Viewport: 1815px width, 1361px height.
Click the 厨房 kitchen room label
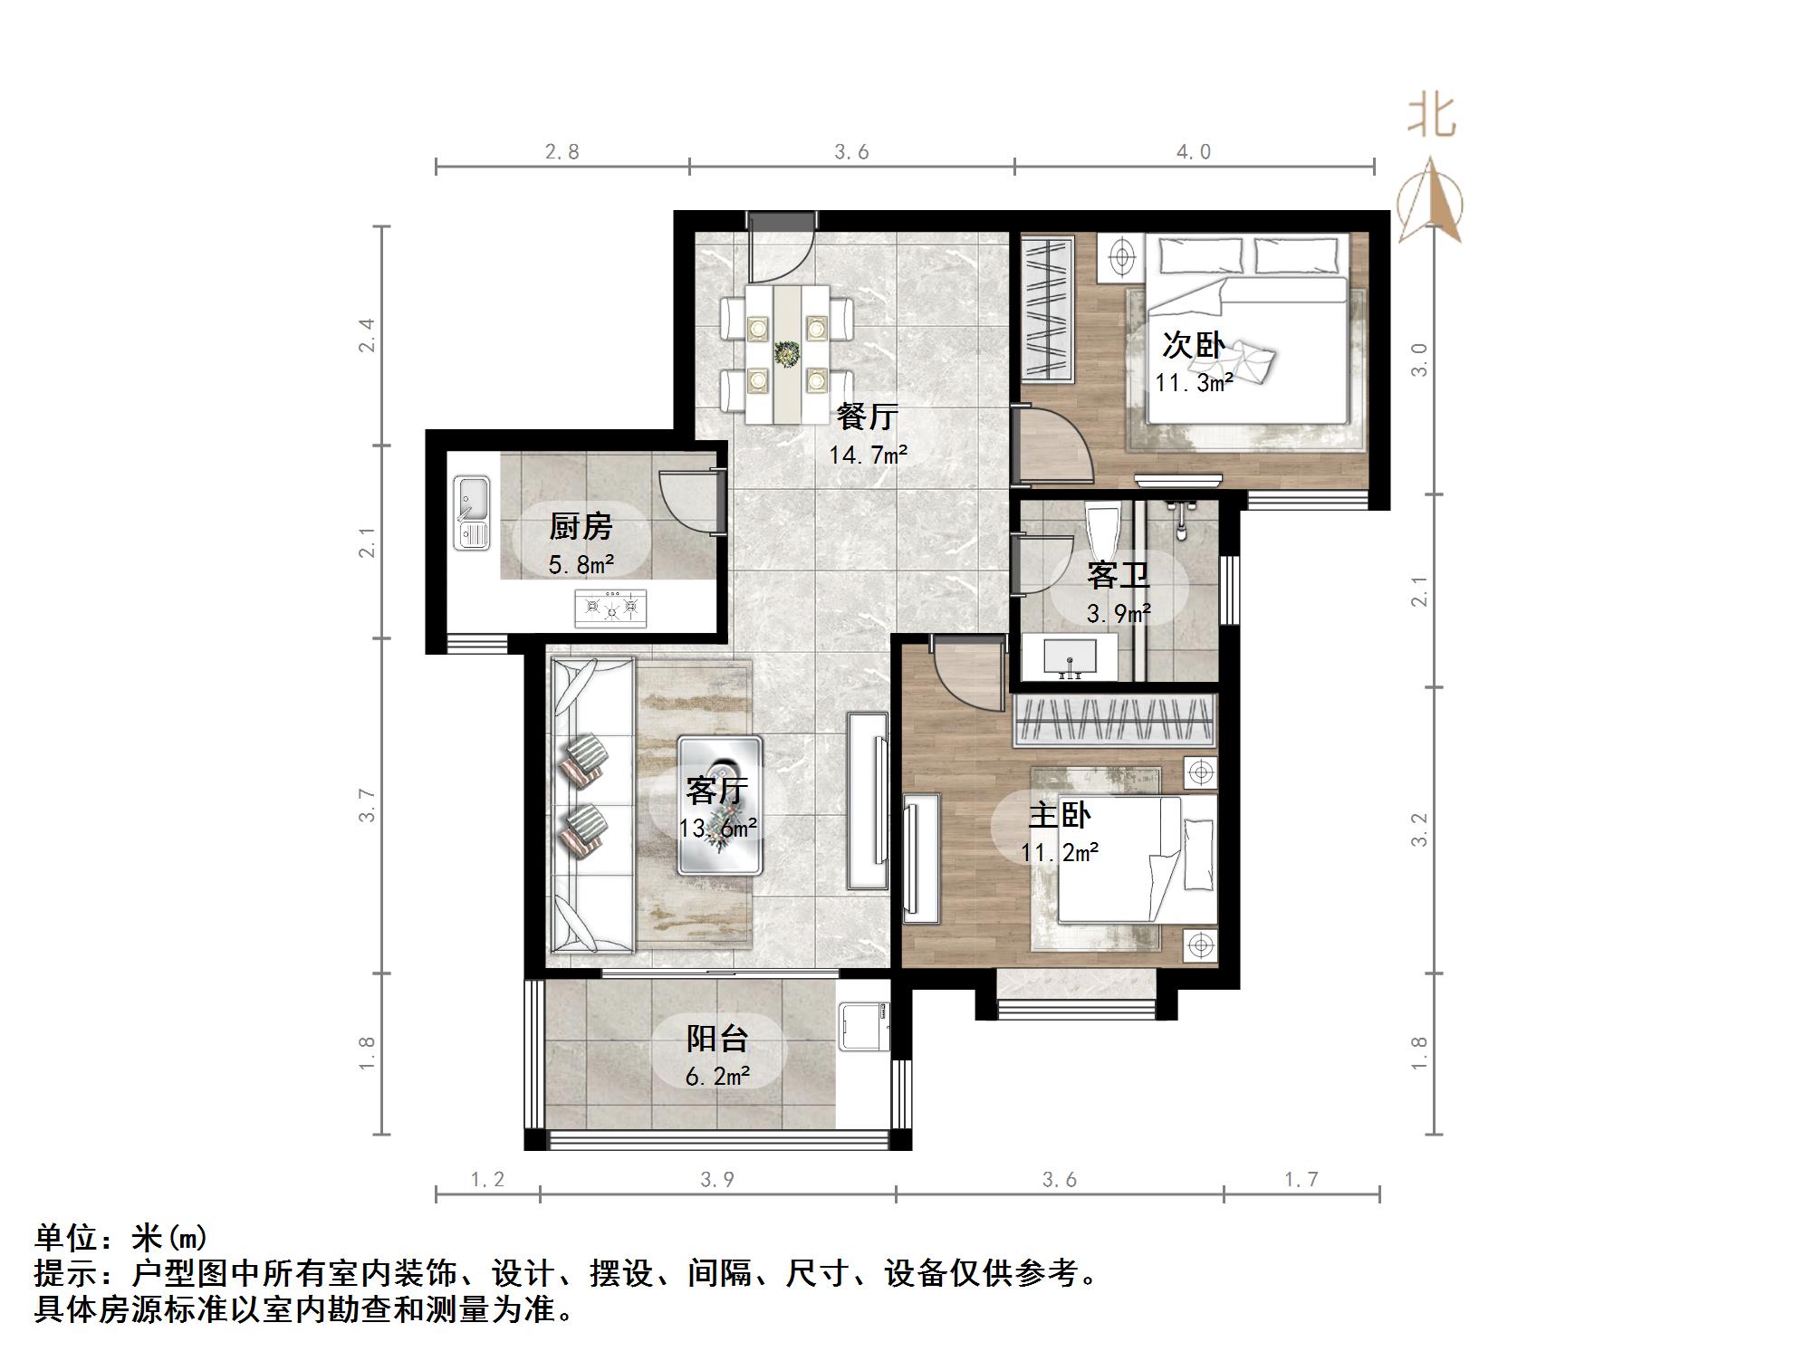point(581,526)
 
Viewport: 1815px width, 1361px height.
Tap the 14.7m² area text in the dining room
point(867,455)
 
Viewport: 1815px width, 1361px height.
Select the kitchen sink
point(471,513)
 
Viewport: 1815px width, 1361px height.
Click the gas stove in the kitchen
point(610,608)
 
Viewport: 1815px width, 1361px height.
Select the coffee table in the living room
point(720,805)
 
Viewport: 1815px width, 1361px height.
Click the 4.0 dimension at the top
point(1194,152)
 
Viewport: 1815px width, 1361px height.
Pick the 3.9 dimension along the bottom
point(717,1179)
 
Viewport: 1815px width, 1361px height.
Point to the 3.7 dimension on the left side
point(366,805)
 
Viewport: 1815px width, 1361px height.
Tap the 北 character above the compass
point(1432,117)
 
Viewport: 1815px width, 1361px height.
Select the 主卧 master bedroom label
point(1059,815)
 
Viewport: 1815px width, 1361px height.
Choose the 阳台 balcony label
point(716,1038)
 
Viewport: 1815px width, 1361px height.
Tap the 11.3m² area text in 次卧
point(1193,383)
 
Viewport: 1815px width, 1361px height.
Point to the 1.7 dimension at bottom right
point(1301,1179)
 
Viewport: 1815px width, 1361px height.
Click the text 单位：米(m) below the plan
point(121,1237)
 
